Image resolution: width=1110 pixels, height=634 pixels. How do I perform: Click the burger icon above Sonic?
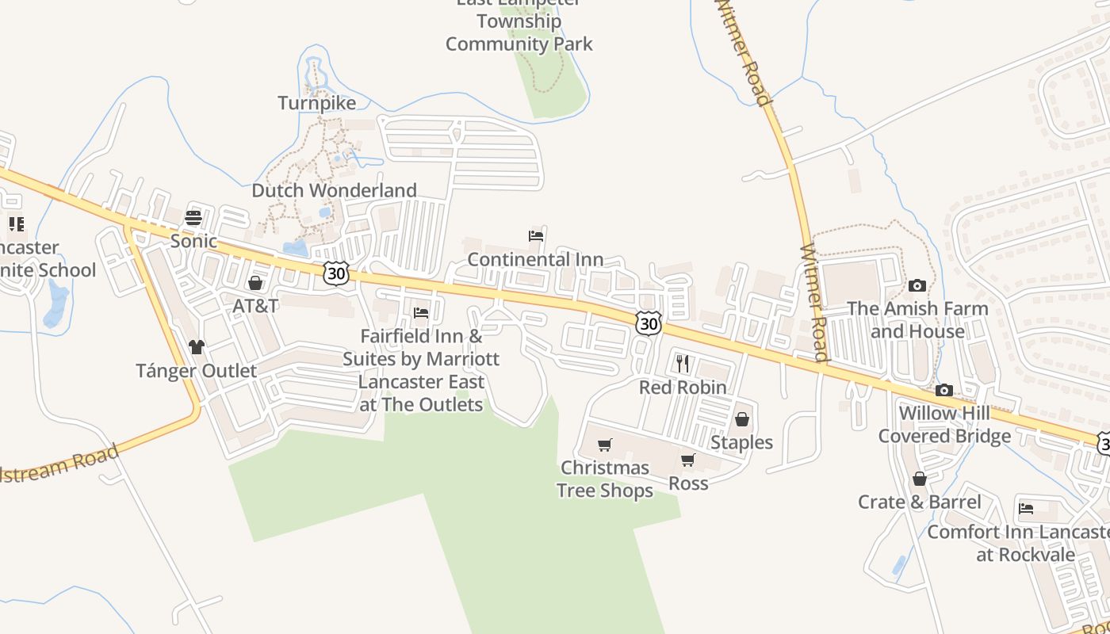tap(194, 218)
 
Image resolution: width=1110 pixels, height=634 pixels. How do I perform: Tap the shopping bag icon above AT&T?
tap(255, 283)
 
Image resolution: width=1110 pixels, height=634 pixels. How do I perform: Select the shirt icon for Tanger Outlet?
tap(197, 347)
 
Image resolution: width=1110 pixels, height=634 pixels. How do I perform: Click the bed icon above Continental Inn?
tap(536, 236)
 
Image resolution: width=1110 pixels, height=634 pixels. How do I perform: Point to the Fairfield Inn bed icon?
tap(421, 313)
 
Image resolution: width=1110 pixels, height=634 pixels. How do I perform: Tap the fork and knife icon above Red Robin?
tap(683, 364)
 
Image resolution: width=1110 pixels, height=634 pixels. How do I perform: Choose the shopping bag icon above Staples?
tap(742, 418)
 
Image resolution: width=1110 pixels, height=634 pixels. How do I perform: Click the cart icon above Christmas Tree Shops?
tap(605, 445)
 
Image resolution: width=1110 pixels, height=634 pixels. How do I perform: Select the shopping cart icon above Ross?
tap(688, 460)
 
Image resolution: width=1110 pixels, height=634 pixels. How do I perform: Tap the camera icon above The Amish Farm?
tap(917, 285)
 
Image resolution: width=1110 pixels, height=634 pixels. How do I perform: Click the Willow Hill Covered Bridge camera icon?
tap(944, 390)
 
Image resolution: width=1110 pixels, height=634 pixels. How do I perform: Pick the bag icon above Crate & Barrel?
tap(920, 479)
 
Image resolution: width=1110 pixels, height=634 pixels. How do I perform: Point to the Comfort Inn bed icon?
tap(1026, 508)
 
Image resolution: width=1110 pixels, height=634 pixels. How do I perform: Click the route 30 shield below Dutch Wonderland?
tap(336, 273)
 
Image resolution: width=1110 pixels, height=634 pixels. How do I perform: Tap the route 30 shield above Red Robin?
tap(649, 323)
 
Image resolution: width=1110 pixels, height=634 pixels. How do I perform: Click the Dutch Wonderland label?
tap(334, 190)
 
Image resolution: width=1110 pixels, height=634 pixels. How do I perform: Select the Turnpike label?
tap(317, 103)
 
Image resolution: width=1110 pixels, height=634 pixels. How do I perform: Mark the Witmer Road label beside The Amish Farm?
tap(815, 302)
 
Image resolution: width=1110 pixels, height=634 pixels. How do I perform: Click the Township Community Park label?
tap(519, 32)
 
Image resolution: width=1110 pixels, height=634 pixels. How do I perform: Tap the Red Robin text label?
tap(683, 388)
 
